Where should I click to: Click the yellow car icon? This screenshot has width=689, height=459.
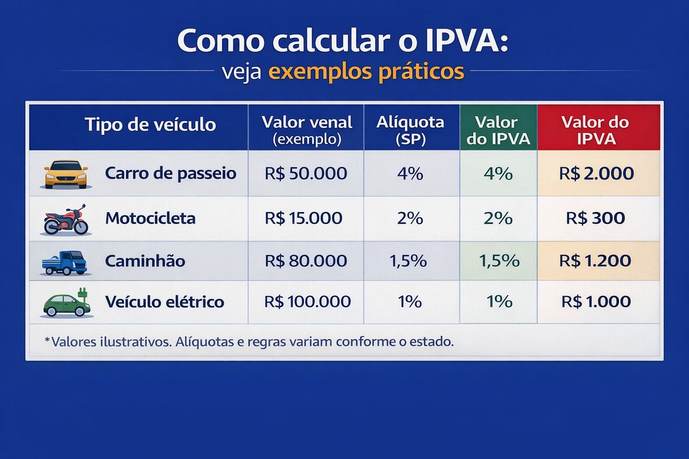[66, 174]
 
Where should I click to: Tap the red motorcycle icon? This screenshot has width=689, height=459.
[66, 219]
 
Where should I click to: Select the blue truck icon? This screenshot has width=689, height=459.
[64, 262]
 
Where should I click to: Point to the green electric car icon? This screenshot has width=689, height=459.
[66, 303]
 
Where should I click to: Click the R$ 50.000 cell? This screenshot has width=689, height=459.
[305, 174]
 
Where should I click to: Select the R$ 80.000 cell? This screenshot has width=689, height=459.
[305, 261]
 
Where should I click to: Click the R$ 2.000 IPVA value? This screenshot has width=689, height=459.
[597, 174]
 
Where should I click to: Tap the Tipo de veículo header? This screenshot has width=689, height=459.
[151, 125]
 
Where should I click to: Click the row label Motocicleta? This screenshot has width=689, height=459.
[150, 218]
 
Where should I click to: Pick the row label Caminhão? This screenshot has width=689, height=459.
[145, 261]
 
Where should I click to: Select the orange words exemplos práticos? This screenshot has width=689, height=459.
[366, 72]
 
